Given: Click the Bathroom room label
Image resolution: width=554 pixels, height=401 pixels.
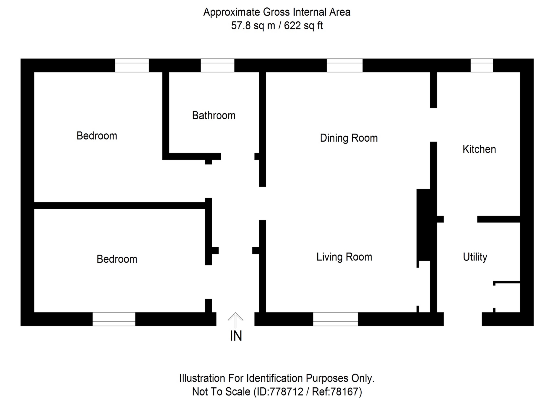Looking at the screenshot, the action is click(214, 116).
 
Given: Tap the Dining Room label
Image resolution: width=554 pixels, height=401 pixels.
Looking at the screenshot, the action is click(349, 138).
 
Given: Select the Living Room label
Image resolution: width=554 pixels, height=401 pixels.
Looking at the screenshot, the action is click(344, 257).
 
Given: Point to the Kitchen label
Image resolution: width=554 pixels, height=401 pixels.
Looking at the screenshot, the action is click(479, 149).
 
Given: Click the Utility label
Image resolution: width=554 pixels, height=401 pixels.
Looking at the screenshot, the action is click(475, 257).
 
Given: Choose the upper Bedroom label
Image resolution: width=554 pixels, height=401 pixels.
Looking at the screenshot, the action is click(97, 136).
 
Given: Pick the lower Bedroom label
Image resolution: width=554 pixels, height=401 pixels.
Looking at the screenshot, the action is click(117, 259).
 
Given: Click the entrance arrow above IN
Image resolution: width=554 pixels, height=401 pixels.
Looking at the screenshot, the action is click(235, 320).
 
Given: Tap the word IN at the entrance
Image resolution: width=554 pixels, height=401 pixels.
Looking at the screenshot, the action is click(236, 336).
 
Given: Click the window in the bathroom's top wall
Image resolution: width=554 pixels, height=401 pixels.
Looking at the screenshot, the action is click(217, 65).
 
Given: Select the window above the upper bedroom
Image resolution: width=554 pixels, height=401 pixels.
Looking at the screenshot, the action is click(132, 65).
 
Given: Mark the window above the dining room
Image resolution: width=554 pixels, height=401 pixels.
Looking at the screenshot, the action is click(344, 65).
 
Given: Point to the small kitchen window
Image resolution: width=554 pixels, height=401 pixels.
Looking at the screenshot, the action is click(482, 65).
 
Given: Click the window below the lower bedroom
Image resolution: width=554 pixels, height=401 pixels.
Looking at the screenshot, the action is click(114, 319).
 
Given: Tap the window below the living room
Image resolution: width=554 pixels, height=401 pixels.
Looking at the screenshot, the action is click(335, 319).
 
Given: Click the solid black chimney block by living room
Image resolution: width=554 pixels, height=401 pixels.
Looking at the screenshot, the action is click(423, 225).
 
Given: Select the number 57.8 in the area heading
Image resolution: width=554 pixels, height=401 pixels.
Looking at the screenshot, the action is click(241, 26).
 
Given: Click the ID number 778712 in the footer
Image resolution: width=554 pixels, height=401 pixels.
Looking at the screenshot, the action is click(286, 392).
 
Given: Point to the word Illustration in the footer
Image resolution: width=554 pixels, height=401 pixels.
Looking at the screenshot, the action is click(202, 378).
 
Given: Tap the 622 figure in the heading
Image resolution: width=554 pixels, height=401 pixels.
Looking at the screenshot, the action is click(292, 26).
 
